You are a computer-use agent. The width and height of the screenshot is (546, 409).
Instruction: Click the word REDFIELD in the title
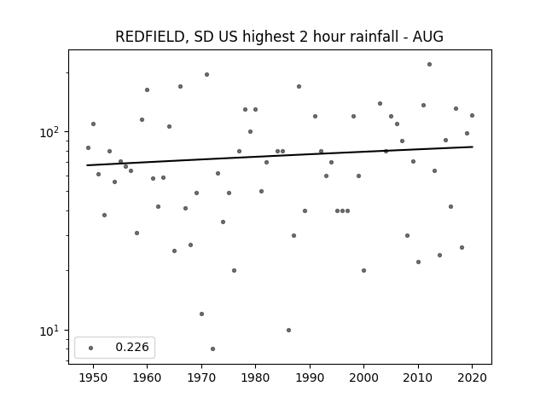(x=150, y=37)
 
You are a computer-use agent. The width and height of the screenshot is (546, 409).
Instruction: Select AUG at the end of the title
(x=428, y=37)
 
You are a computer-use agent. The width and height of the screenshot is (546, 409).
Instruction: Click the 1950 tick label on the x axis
(x=93, y=377)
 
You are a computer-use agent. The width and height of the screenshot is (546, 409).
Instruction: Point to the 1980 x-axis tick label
(x=255, y=377)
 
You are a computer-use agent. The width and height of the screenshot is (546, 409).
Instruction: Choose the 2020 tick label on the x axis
(x=472, y=377)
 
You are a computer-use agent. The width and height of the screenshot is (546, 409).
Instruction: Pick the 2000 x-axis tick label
(x=363, y=377)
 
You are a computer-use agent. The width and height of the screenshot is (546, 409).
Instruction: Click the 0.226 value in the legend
(x=132, y=347)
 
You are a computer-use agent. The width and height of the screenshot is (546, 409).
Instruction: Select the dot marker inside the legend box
(x=91, y=348)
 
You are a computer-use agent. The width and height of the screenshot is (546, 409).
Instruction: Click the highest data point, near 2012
(x=429, y=65)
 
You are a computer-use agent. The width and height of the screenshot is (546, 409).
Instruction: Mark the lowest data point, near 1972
(x=212, y=349)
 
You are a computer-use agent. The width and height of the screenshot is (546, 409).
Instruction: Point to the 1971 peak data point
(x=206, y=74)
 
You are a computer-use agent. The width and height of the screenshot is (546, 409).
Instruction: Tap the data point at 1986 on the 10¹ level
(x=288, y=330)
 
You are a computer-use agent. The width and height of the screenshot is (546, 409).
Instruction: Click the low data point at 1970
(x=201, y=314)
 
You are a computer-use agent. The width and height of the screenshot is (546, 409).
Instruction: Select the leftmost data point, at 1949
(x=88, y=147)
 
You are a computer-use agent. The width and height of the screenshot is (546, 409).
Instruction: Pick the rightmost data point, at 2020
(x=472, y=116)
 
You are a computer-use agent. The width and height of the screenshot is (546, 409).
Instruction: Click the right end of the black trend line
(x=473, y=147)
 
